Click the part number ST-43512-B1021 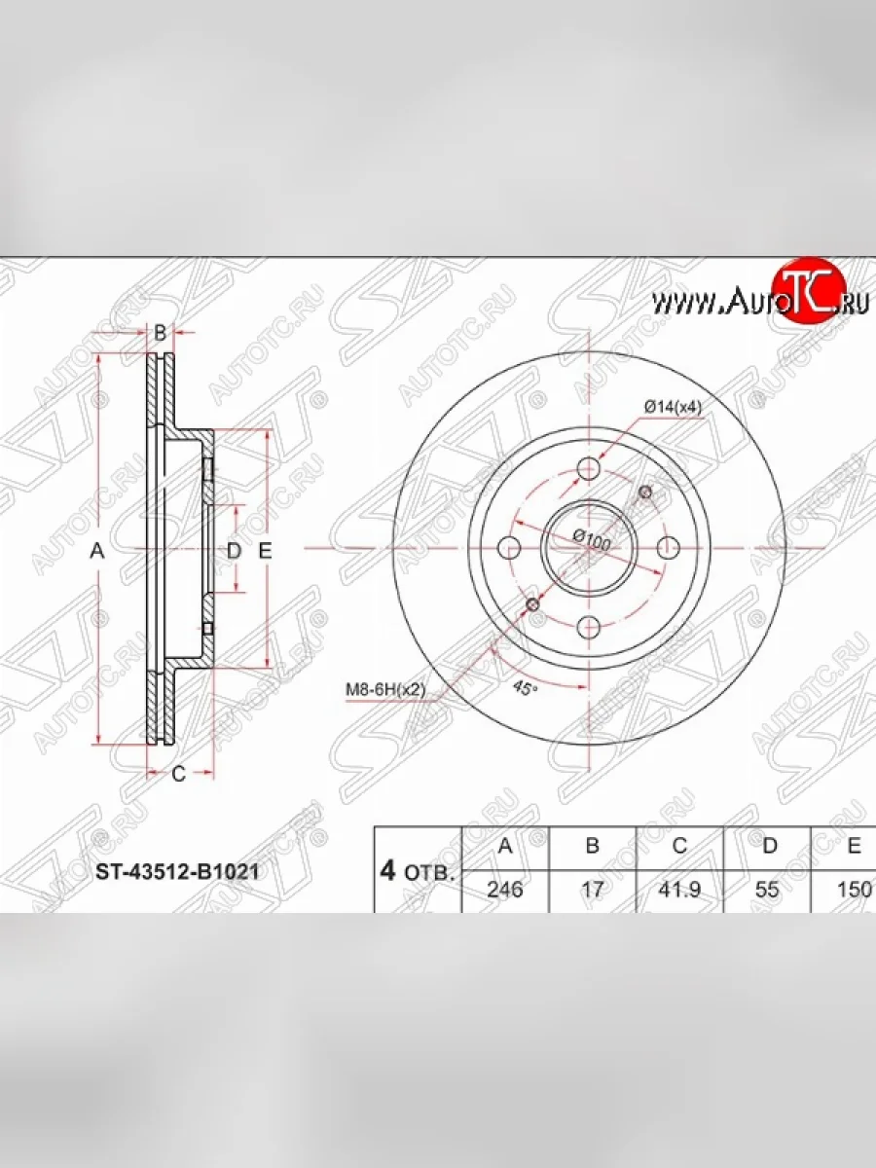pyautogui.click(x=176, y=871)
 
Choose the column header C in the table pyautogui.click(x=679, y=846)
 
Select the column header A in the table pyautogui.click(x=505, y=846)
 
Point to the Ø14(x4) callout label pyautogui.click(x=673, y=407)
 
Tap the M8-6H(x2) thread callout pyautogui.click(x=386, y=689)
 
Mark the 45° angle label pyautogui.click(x=524, y=688)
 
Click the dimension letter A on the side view pyautogui.click(x=96, y=551)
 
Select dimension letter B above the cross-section pyautogui.click(x=161, y=332)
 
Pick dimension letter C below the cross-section pyautogui.click(x=178, y=774)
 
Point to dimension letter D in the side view pyautogui.click(x=233, y=551)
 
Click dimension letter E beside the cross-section pyautogui.click(x=265, y=551)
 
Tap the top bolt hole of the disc pyautogui.click(x=589, y=470)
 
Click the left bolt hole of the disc pyautogui.click(x=510, y=548)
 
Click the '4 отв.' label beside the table pyautogui.click(x=417, y=870)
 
